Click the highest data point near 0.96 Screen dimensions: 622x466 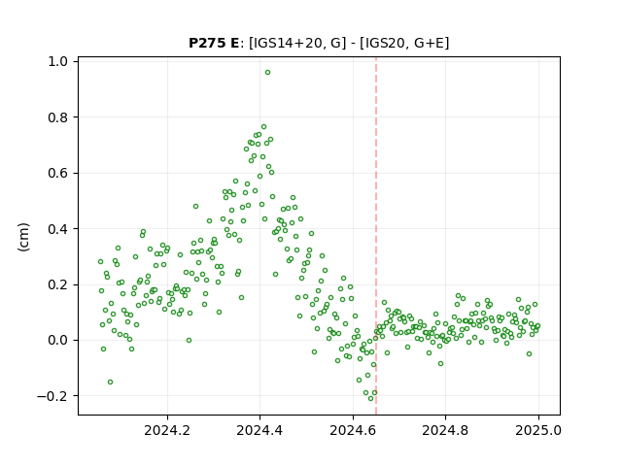tap(268, 73)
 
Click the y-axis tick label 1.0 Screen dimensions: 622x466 tap(57, 62)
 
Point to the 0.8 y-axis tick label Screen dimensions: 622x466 tap(57, 117)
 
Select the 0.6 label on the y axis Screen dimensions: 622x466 tap(57, 174)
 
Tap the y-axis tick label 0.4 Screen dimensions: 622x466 tap(57, 229)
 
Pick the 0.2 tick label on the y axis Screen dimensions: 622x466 tap(57, 284)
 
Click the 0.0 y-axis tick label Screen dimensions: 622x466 tap(57, 341)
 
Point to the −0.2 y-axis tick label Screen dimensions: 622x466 tap(52, 396)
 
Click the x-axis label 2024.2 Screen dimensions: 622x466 tap(167, 430)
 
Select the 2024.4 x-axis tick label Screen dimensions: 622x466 tap(259, 430)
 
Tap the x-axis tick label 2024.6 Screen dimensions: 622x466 tap(353, 430)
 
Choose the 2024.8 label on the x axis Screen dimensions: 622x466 tap(445, 430)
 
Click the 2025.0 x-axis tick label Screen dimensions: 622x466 tap(538, 430)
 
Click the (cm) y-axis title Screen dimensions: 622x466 tap(23, 237)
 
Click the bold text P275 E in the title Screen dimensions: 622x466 tap(214, 43)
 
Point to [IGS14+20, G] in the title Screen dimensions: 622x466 tap(295, 43)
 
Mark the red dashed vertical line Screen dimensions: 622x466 tap(376, 236)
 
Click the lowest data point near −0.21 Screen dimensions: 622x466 tap(371, 398)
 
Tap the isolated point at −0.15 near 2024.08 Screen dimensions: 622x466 tap(110, 382)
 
